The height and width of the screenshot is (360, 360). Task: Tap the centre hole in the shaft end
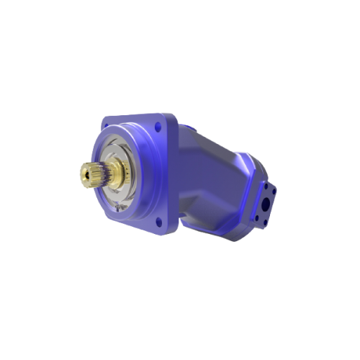(86, 174)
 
